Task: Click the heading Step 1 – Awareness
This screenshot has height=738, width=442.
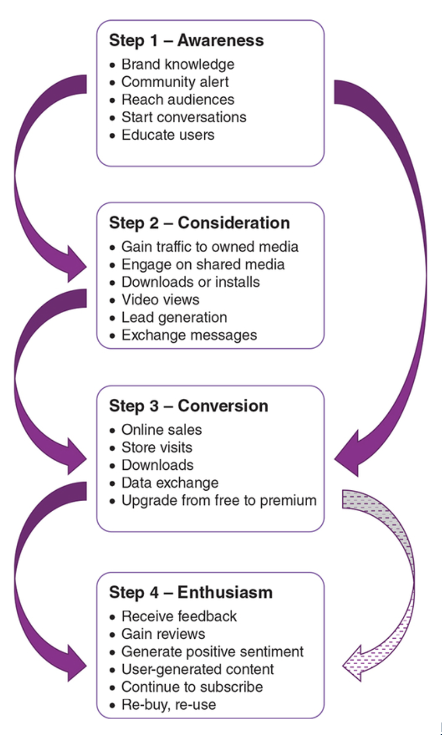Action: click(x=186, y=41)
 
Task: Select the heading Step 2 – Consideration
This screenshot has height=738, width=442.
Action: click(x=199, y=223)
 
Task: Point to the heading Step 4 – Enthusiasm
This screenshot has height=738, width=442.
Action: click(x=191, y=592)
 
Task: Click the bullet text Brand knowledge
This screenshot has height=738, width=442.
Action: click(x=178, y=64)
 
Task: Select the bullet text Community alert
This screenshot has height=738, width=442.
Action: click(x=175, y=82)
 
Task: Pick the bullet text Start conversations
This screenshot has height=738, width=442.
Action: click(x=184, y=117)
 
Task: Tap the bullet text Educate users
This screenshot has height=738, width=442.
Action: click(x=168, y=135)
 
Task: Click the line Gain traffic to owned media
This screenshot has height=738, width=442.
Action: click(x=210, y=247)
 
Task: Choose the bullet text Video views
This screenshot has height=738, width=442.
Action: click(x=160, y=299)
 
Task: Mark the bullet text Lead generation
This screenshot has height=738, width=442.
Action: click(x=174, y=317)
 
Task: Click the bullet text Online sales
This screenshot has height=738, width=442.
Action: click(x=161, y=430)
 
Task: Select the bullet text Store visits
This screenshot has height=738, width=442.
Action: click(x=157, y=447)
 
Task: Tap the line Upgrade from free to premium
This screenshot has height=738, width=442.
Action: click(x=219, y=500)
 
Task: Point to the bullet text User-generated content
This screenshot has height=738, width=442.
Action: click(x=197, y=670)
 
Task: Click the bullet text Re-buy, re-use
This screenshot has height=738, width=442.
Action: click(x=168, y=705)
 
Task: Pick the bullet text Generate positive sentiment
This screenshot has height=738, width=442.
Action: click(x=212, y=652)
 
